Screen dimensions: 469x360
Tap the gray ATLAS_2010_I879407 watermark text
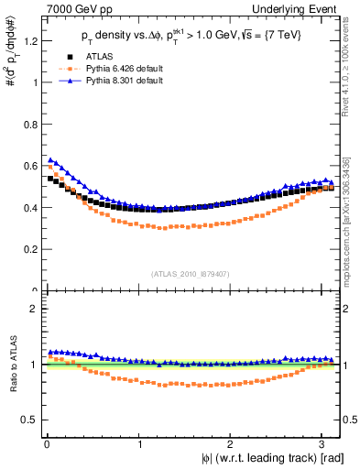191,272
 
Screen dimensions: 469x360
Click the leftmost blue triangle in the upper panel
50,160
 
